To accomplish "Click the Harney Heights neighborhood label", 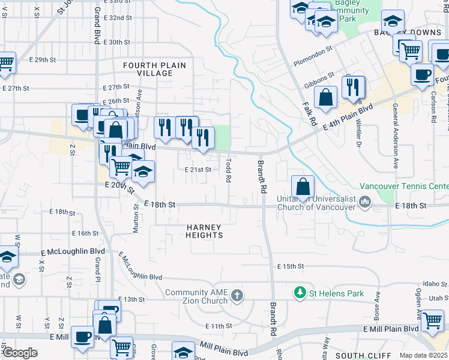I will (204, 231).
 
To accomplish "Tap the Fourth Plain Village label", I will (154, 69).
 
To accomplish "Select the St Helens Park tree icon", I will (300, 292).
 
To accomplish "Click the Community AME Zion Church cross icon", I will (238, 295).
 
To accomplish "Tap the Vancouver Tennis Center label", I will (404, 187).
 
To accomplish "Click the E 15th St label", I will (291, 266).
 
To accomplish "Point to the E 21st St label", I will (197, 170).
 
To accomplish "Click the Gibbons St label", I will (319, 80).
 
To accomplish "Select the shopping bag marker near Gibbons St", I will (325, 98).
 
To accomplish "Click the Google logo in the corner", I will (19, 353).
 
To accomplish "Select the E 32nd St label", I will (117, 18).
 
